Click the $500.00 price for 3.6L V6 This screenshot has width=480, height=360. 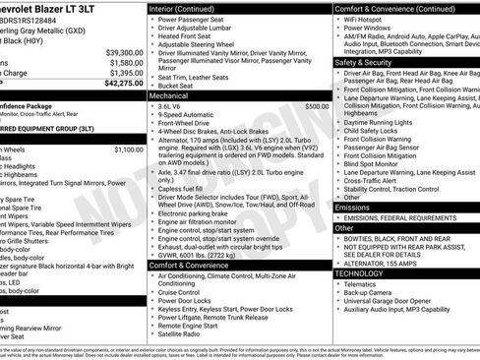pyautogui.click(x=317, y=106)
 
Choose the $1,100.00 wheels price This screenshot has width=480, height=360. pyautogui.click(x=128, y=150)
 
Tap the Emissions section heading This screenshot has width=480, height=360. pyautogui.click(x=355, y=208)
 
